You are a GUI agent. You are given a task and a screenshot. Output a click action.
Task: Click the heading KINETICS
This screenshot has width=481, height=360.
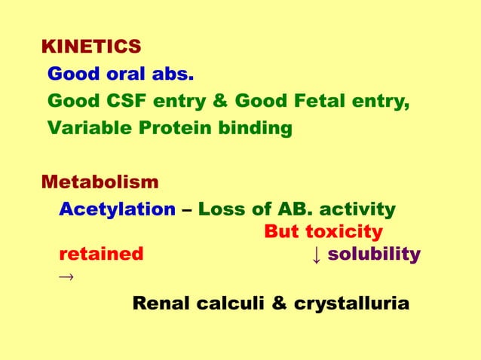click(x=90, y=47)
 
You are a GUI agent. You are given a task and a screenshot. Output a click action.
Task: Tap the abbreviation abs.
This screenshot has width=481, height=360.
click(x=173, y=75)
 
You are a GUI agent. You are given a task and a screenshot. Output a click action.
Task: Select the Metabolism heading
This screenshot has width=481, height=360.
click(x=100, y=182)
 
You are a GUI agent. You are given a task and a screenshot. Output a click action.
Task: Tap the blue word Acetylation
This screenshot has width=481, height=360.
click(x=118, y=209)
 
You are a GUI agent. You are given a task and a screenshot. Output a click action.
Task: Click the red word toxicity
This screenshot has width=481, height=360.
click(x=345, y=231)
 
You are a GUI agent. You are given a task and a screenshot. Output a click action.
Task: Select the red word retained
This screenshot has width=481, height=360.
click(x=101, y=254)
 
